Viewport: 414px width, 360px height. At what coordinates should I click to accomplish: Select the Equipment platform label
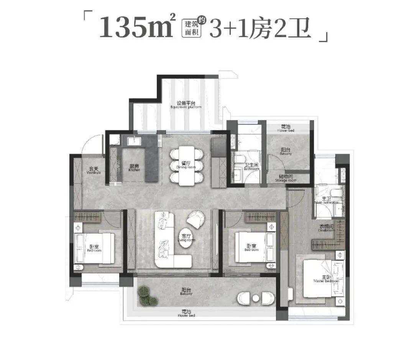tap(186, 105)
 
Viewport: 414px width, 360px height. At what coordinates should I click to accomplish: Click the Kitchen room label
tap(134, 168)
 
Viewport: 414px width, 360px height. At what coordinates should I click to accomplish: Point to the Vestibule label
tap(94, 170)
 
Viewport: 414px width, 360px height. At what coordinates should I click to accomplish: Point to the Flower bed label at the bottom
tap(186, 314)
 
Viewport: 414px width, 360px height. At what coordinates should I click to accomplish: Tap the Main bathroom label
tap(326, 201)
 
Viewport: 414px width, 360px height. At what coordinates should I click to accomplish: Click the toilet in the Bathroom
tap(238, 159)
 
